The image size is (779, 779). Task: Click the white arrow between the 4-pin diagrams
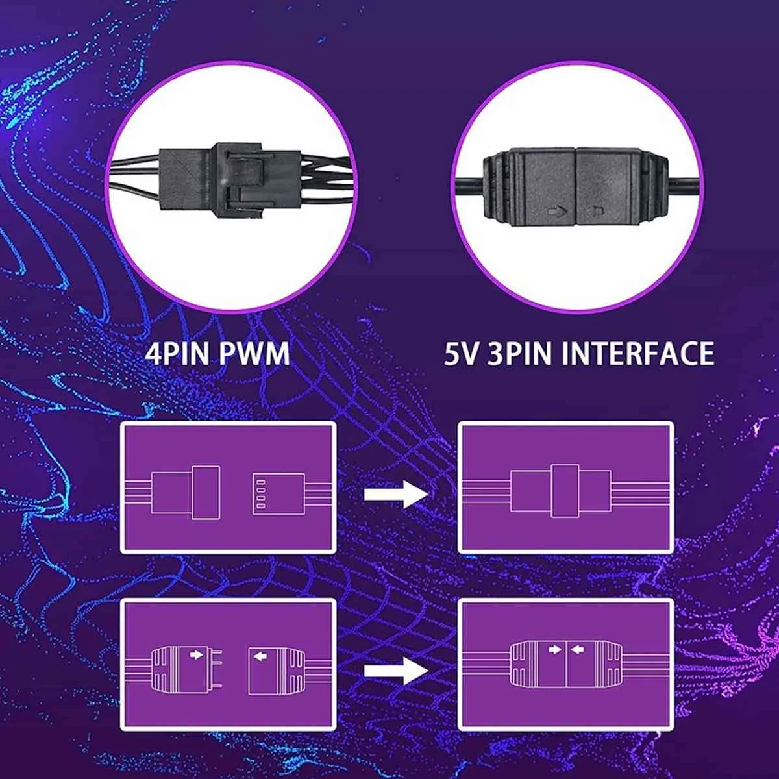pyautogui.click(x=396, y=494)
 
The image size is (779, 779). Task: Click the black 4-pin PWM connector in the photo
pyautogui.click(x=230, y=180)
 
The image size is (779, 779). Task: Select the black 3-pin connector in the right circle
pyautogui.click(x=576, y=188)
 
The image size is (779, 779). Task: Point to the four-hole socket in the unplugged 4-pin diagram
pyautogui.click(x=278, y=494)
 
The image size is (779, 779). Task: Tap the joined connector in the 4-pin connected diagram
pyautogui.click(x=561, y=491)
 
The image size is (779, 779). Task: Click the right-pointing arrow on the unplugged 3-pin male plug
pyautogui.click(x=196, y=654)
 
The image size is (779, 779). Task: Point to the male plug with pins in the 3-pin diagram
pyautogui.click(x=186, y=670)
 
